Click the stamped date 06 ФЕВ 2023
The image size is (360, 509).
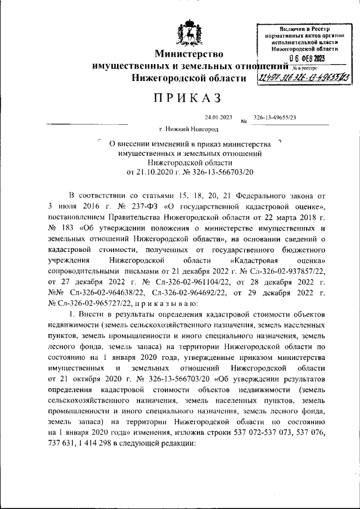coord(307,58)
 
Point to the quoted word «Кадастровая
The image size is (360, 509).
coord(254,262)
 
